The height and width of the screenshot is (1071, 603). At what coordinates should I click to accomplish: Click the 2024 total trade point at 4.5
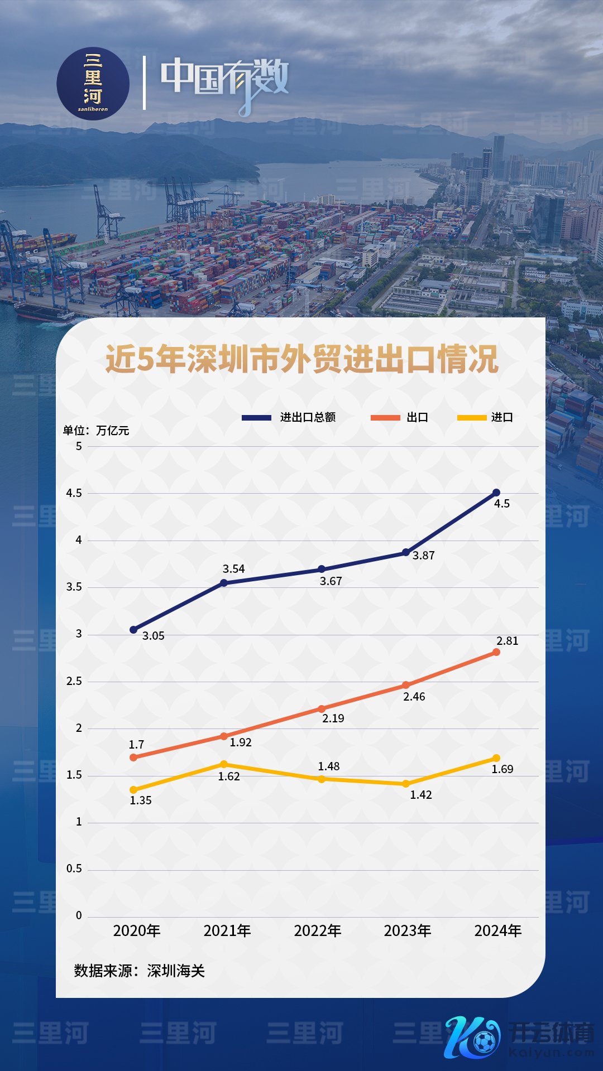coord(496,493)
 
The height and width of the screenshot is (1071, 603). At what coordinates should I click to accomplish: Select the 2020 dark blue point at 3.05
coord(133,630)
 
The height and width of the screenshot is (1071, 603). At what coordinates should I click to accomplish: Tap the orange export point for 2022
coord(322,709)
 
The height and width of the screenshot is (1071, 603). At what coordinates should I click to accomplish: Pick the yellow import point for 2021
coord(224,764)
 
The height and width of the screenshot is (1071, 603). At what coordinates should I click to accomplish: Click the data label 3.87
coord(423,556)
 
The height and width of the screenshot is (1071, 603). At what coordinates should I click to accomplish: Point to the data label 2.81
coord(508,641)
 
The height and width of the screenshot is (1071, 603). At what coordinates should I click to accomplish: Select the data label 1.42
coord(421,795)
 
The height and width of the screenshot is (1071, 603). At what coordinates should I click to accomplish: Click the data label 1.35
coord(141,800)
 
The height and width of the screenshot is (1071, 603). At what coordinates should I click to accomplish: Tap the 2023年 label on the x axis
coord(408,930)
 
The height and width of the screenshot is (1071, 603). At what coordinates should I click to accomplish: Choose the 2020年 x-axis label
coord(137,930)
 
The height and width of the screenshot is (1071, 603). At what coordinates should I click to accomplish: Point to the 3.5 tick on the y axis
coord(74,587)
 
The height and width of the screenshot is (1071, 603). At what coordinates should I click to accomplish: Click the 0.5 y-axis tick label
coord(74,869)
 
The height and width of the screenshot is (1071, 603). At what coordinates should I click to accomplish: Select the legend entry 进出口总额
coord(308,417)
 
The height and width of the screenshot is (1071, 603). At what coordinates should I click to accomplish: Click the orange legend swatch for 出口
coord(385,417)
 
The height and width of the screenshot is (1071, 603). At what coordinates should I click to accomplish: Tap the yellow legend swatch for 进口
coord(472,417)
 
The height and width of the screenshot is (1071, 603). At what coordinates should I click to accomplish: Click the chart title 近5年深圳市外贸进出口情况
coord(301,359)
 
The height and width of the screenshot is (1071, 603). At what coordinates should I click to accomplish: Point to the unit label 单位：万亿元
coord(96,431)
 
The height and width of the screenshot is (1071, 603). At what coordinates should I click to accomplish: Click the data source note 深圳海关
coord(140,971)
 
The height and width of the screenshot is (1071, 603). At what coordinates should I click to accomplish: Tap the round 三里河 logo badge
coord(93,84)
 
